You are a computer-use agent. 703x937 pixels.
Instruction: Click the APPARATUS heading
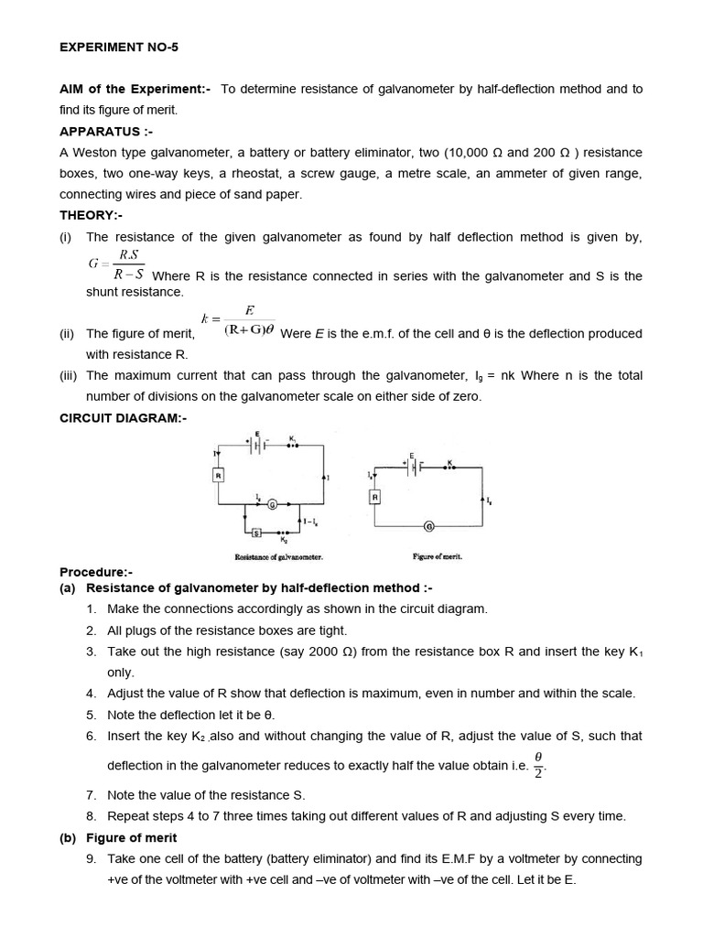click(100, 132)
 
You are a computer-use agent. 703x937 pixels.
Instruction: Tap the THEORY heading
click(91, 215)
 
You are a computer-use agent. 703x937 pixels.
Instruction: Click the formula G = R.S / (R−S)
click(116, 264)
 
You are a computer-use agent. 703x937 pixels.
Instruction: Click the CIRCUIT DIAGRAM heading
click(123, 418)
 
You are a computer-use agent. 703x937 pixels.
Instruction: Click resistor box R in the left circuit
click(219, 476)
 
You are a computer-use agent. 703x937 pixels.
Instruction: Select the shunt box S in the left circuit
click(255, 533)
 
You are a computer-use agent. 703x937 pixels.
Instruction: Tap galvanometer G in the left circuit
click(271, 504)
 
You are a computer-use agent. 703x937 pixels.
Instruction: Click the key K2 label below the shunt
click(283, 541)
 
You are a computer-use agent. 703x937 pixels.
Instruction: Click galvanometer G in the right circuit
click(429, 525)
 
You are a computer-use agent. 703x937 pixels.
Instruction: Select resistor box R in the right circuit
click(375, 496)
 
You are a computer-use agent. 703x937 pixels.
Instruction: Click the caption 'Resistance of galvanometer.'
click(279, 556)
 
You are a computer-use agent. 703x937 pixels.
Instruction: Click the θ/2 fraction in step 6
click(539, 763)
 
